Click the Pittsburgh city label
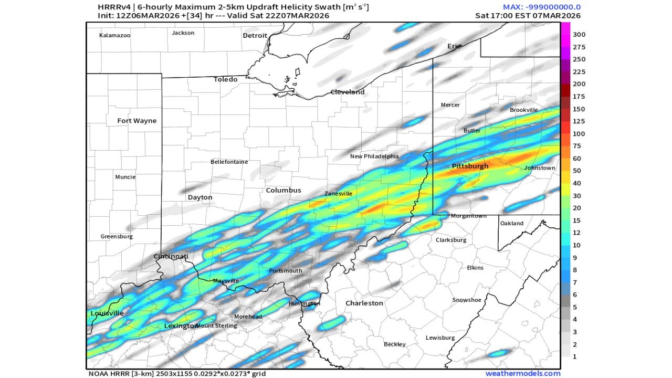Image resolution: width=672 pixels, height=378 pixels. point(470,166)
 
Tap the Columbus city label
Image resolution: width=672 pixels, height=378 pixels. point(283,190)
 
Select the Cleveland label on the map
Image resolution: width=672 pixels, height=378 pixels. point(347,92)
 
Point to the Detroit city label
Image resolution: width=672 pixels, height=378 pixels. point(255,36)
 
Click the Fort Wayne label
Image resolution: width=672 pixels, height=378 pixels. point(136,121)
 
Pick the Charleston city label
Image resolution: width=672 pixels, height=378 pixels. point(364,303)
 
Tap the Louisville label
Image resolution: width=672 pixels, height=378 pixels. point(107,313)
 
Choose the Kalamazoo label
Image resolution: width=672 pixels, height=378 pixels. point(114,36)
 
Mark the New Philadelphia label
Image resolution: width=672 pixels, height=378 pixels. point(374,156)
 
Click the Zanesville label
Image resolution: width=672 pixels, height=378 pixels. point(338,194)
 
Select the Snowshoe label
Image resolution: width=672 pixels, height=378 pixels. point(467,300)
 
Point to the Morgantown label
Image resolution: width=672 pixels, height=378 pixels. point(468,216)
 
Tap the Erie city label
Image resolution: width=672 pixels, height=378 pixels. point(454,46)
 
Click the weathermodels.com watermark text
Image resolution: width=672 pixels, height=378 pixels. point(522,374)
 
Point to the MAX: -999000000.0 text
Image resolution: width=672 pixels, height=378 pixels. point(541,7)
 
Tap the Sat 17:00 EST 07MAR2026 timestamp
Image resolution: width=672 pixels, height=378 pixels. point(528,16)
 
